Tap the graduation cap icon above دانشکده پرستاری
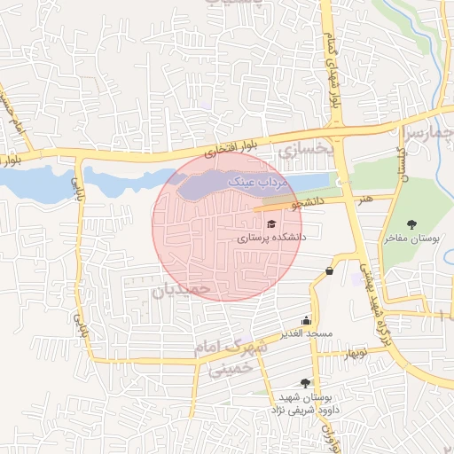(x=271, y=223)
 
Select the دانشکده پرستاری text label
(x=271, y=239)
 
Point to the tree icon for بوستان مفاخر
(x=411, y=224)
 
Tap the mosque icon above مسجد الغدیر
(x=307, y=321)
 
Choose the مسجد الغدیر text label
(x=307, y=334)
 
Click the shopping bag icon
(x=330, y=271)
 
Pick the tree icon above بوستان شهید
(x=306, y=382)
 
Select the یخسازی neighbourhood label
(x=303, y=152)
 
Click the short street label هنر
(x=366, y=201)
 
